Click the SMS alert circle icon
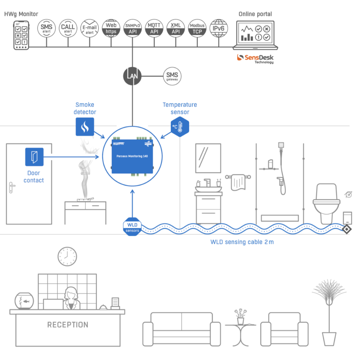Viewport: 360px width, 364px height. tap(47, 28)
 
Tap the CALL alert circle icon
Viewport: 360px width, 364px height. tap(68, 28)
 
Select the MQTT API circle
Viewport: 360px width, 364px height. tap(154, 28)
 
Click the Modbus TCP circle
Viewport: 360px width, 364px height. tap(197, 28)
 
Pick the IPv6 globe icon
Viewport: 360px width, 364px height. tap(219, 28)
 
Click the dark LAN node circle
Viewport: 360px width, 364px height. tap(132, 76)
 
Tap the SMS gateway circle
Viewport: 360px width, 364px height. tap(172, 76)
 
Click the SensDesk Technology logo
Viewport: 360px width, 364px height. tap(255, 59)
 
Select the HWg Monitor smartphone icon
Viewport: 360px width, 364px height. tap(21, 35)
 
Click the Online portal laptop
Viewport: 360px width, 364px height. tap(255, 36)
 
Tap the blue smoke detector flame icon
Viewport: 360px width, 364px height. tap(85, 127)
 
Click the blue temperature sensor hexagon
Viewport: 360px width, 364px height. tap(180, 127)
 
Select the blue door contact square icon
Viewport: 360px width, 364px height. tap(34, 157)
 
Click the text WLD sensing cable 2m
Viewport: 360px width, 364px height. tap(242, 242)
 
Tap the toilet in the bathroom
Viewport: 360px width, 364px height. tap(324, 203)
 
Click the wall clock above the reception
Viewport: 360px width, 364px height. tap(67, 256)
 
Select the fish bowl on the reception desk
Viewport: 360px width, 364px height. tap(24, 301)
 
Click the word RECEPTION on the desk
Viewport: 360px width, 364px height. tap(68, 325)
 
